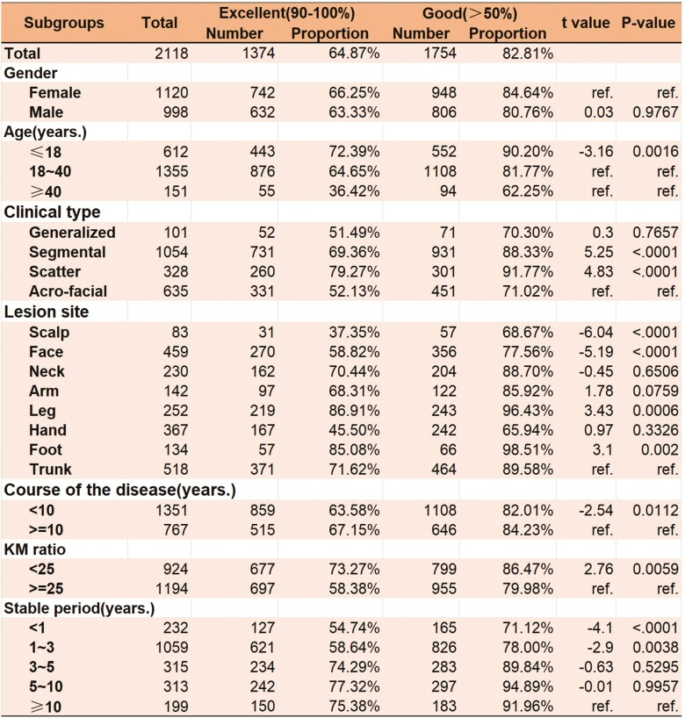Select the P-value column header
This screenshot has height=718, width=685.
tap(649, 22)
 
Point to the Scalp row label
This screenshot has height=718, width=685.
tap(49, 333)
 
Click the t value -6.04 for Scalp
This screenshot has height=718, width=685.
tap(595, 333)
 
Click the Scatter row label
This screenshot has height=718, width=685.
tap(54, 271)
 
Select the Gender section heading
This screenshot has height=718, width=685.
tap(32, 73)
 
